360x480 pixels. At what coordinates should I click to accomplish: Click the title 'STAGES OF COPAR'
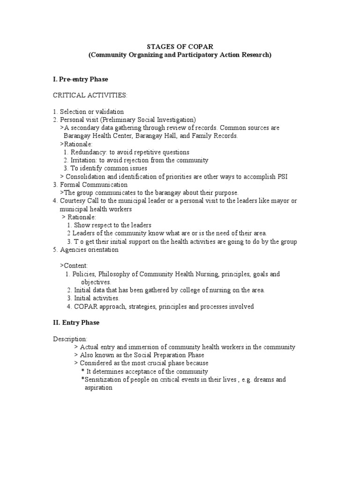[x=180, y=47]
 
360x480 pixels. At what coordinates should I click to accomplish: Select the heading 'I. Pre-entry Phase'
[x=81, y=79]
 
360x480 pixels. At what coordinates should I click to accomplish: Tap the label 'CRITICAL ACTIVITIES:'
[x=90, y=96]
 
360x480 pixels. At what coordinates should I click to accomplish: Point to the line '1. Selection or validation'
[x=88, y=112]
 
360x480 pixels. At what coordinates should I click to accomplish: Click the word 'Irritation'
[x=84, y=160]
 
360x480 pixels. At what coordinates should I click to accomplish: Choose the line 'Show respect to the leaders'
[x=112, y=225]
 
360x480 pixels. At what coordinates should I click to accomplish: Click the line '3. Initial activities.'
[x=93, y=298]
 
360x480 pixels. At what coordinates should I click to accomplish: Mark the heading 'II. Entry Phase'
[x=76, y=322]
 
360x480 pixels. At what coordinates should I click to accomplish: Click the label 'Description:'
[x=70, y=338]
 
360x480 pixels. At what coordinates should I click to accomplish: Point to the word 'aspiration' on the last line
[x=98, y=388]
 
